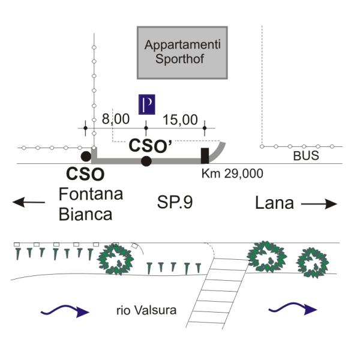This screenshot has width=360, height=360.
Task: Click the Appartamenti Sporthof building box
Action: pyautogui.click(x=182, y=52)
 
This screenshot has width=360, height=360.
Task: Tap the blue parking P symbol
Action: pyautogui.click(x=147, y=104)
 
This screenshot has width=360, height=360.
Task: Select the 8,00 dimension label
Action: pyautogui.click(x=115, y=119)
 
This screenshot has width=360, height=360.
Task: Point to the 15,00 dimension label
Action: pyautogui.click(x=180, y=119)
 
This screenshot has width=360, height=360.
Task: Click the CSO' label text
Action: pyautogui.click(x=151, y=145)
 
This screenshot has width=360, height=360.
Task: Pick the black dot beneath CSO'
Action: pyautogui.click(x=146, y=160)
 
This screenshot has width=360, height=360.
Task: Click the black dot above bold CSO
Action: pyautogui.click(x=86, y=157)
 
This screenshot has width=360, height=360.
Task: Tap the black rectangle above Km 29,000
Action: pyautogui.click(x=205, y=155)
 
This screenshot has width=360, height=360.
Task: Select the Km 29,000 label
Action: pyautogui.click(x=232, y=173)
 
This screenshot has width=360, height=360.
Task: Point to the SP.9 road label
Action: pyautogui.click(x=175, y=203)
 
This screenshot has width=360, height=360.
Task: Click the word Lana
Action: pyautogui.click(x=274, y=203)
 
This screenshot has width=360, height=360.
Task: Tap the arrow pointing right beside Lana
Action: pyautogui.click(x=319, y=204)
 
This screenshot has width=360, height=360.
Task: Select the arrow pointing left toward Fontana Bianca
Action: pyautogui.click(x=29, y=202)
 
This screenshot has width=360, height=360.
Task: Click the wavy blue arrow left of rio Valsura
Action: pyautogui.click(x=65, y=311)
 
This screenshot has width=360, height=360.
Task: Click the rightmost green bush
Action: pyautogui.click(x=313, y=263)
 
